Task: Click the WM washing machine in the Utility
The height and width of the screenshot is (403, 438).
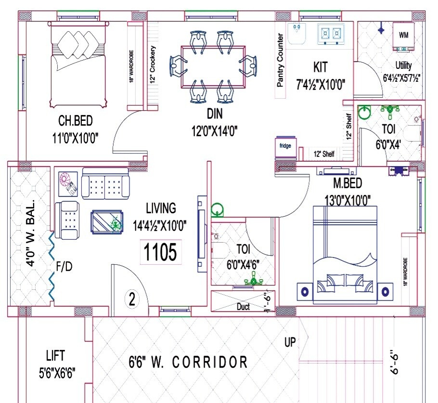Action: pos(403,35)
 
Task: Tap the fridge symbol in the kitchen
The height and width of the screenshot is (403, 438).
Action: pos(285,147)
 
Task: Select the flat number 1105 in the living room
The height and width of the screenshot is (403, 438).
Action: pos(161,252)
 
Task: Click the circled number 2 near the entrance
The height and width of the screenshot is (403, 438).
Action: pos(132,299)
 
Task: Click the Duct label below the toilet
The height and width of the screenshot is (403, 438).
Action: pos(244,307)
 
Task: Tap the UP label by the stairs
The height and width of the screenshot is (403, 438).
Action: pos(290,342)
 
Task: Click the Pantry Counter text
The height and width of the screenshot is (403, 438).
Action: pos(280,60)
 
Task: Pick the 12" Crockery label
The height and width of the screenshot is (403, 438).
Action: pos(152,65)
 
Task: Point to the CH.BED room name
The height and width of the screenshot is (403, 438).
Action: pos(76,120)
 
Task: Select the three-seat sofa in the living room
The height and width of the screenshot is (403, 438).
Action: pos(105,183)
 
